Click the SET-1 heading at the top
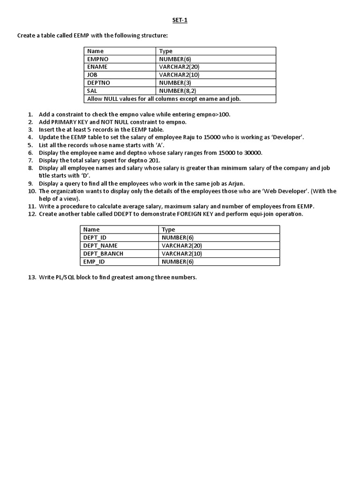[180, 20]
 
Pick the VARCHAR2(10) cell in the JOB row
[180, 75]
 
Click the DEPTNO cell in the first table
[98, 82]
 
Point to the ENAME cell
[97, 67]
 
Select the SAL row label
[93, 90]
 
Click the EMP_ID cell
[93, 262]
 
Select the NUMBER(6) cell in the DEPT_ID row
[178, 238]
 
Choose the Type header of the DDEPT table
[168, 230]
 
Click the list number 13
[32, 277]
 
